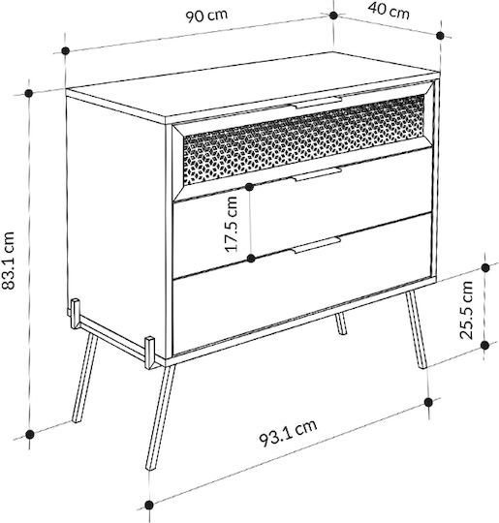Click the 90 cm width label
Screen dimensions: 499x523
point(206,15)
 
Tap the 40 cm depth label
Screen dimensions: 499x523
point(389,12)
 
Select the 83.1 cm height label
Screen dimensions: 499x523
point(9,261)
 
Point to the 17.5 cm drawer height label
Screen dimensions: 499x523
point(231,224)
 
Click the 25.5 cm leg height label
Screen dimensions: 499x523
point(466,310)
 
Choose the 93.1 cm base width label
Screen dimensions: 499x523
point(288,433)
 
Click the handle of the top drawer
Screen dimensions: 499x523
point(318,103)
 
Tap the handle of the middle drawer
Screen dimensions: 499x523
point(317,174)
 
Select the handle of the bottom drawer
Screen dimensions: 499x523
point(317,245)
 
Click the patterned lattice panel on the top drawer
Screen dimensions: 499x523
point(304,139)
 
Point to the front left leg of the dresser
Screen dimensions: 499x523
point(161,417)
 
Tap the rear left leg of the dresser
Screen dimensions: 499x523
point(85,379)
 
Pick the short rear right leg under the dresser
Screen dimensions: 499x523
point(341,323)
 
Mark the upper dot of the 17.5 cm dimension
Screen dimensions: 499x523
point(249,187)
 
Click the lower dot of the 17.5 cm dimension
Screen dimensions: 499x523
point(251,259)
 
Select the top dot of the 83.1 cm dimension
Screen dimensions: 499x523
point(29,93)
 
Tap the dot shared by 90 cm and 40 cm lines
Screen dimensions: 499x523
point(333,15)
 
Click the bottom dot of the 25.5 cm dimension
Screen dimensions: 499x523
point(485,346)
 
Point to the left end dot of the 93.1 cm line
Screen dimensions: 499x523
point(149,505)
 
